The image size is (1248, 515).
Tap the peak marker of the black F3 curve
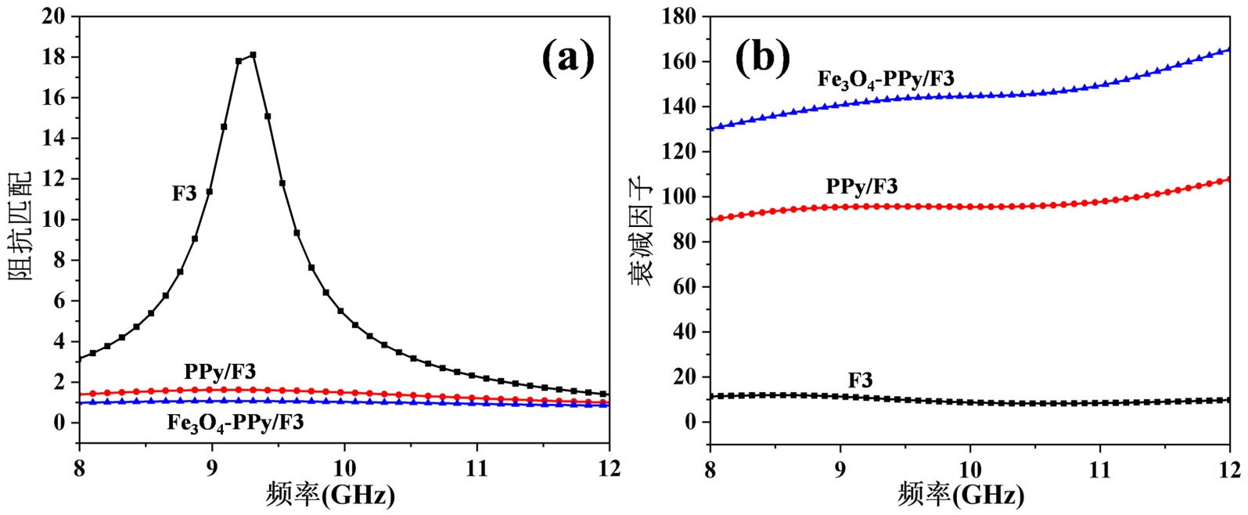pos(253,55)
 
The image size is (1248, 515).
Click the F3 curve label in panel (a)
pos(185,193)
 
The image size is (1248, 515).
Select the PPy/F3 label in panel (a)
pos(220,370)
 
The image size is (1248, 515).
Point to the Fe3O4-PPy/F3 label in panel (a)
pos(236,423)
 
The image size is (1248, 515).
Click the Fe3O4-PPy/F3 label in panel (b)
pos(886,79)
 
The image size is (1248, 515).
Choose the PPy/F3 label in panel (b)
pos(861,186)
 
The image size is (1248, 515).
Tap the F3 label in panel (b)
pos(860,381)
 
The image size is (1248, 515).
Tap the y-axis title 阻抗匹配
pos(21,227)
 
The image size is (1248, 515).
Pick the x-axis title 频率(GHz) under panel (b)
pos(960,495)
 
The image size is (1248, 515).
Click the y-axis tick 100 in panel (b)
pos(678,197)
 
